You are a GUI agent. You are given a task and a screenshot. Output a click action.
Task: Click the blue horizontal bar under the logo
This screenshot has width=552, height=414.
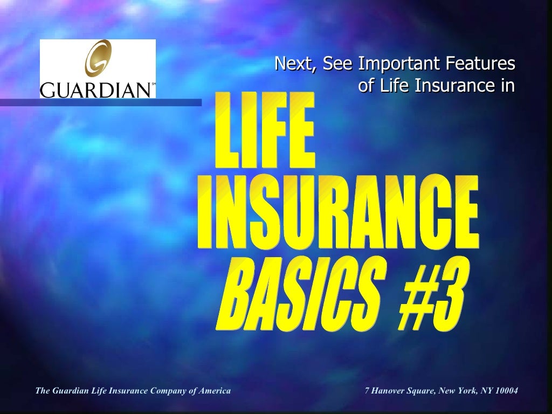(x=100, y=102)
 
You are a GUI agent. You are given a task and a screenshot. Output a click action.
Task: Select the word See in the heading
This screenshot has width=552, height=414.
(x=337, y=64)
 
